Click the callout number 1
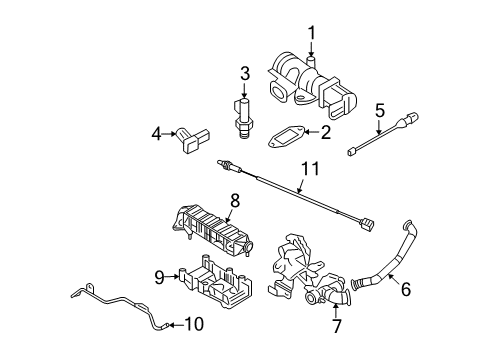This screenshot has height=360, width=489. (x=311, y=36)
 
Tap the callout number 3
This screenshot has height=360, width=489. (x=243, y=72)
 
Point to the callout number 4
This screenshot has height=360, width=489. (x=157, y=132)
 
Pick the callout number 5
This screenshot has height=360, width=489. (x=379, y=109)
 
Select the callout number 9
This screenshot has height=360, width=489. (x=159, y=277)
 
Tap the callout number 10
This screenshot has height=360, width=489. (x=194, y=323)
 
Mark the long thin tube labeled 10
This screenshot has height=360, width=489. (x=110, y=301)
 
